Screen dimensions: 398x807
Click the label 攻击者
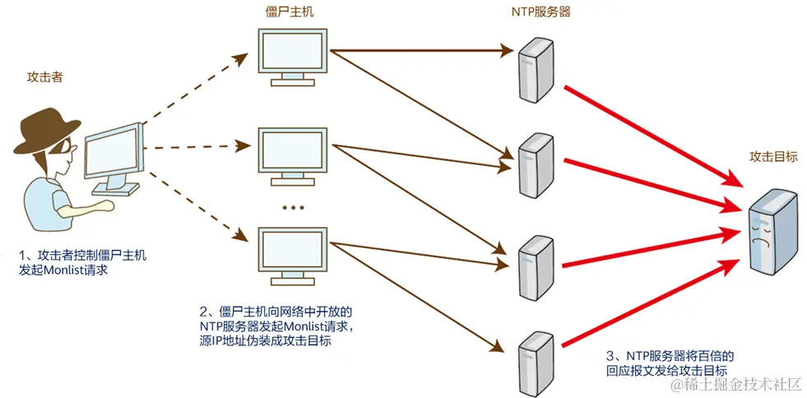pos(44,77)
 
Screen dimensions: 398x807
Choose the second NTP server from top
pos(533,164)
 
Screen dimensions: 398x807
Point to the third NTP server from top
pos(535,267)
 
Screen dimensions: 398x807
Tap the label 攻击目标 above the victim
pos(772,156)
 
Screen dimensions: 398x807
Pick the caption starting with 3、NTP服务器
pos(669,363)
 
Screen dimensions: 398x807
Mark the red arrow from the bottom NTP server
pos(650,304)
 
